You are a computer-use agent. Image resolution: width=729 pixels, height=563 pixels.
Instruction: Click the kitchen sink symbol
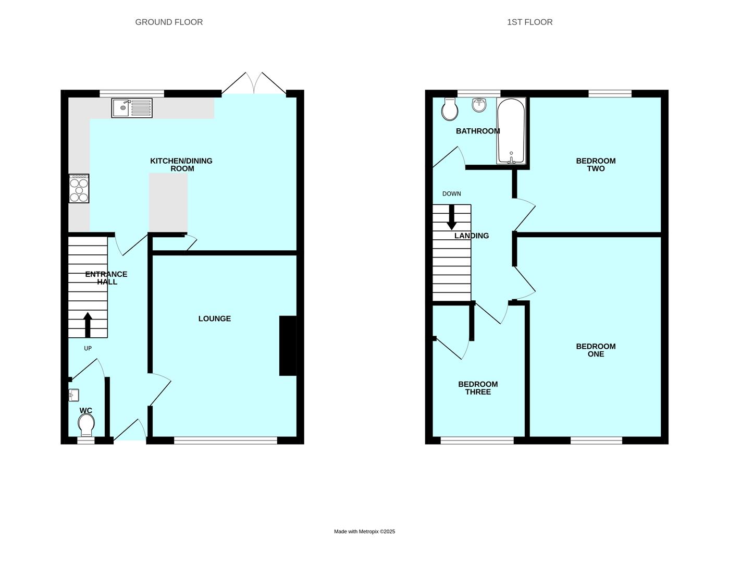pos(132,108)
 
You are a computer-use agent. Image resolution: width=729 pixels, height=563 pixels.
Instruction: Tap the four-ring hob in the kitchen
pos(79,188)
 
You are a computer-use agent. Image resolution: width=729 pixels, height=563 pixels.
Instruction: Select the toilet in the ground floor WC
pos(86,425)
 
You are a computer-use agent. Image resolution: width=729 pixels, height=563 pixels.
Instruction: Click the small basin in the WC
pos(73,396)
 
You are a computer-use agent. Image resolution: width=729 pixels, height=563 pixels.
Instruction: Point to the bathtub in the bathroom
pos(511,131)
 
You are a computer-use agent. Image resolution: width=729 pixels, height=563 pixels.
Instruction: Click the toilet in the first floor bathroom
pos(449,108)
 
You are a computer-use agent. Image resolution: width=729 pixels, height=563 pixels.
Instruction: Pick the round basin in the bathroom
pos(479,105)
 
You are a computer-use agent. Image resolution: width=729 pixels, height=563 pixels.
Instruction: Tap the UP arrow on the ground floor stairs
pos(88,324)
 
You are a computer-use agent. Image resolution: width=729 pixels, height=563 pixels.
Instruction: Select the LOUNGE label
pos(214,319)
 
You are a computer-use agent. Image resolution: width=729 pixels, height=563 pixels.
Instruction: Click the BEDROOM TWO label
pos(596,165)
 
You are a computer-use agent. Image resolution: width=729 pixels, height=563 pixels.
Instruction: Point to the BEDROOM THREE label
pos(478,388)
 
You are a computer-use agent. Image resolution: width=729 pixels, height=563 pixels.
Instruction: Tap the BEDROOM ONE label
pos(596,350)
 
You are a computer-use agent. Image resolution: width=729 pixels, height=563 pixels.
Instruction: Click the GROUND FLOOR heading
pos(169,22)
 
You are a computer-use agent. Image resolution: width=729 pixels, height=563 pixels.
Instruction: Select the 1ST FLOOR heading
pos(529,22)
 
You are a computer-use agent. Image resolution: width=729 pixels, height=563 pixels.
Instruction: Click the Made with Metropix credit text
pos(364,532)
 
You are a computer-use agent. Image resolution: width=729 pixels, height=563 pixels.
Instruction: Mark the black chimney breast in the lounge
pos(288,346)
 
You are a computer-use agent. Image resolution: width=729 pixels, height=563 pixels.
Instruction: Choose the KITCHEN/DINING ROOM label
pos(181,165)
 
